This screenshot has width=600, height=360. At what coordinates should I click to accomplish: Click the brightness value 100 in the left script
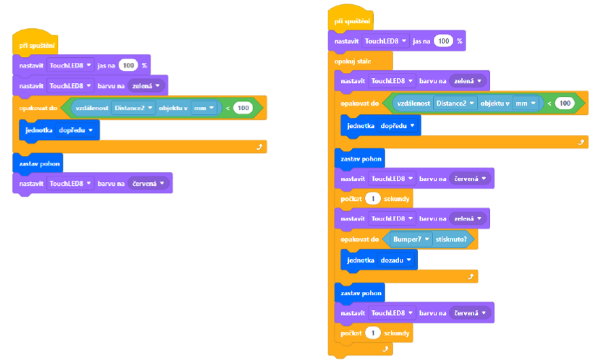129,65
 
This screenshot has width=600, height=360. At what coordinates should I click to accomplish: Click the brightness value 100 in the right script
443,42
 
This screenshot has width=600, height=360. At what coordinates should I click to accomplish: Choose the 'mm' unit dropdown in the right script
526,103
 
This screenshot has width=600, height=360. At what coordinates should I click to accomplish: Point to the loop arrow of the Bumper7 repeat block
470,276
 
